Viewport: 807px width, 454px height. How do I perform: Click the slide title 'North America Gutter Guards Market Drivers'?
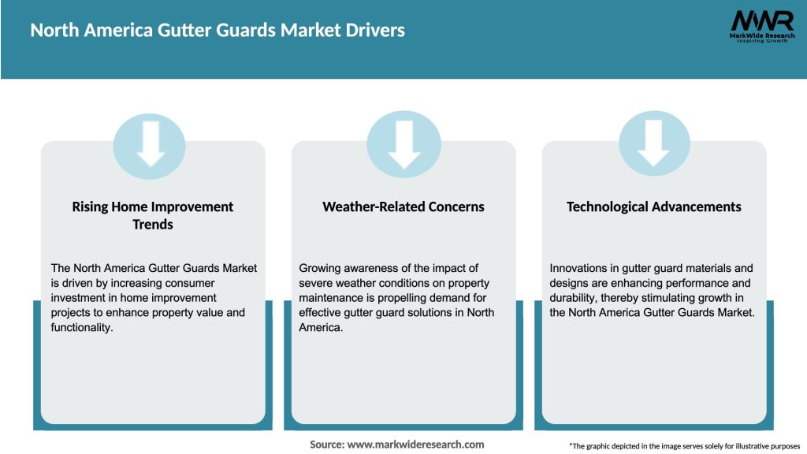218,31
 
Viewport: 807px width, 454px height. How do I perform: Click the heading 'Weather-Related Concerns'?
403,207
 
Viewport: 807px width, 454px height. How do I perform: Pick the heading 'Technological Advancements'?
654,207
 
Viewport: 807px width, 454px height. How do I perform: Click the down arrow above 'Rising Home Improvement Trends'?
150,143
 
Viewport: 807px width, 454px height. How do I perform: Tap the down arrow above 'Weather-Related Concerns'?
403,143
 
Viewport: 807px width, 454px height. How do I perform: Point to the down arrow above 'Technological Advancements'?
654,143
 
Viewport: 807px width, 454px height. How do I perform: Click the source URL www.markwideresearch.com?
416,445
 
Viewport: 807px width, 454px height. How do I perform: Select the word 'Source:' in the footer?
327,445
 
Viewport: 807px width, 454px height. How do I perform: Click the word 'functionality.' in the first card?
82,327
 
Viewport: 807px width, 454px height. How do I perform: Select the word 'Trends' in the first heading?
153,225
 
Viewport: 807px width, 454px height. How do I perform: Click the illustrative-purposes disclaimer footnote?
684,446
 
